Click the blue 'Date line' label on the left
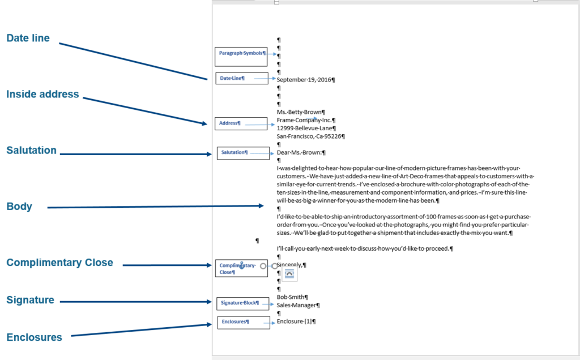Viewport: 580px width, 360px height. pos(28,38)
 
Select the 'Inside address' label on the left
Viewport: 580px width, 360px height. pos(42,95)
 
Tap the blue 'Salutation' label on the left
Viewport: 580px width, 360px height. pos(32,151)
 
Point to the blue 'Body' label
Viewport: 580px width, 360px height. pos(19,207)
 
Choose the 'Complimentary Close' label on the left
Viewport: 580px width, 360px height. pos(59,263)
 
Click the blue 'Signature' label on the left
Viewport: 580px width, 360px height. pos(30,300)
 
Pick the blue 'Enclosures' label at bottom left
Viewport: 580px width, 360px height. pos(34,337)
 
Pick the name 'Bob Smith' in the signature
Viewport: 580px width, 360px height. pos(291,297)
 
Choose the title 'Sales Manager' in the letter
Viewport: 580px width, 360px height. pos(297,305)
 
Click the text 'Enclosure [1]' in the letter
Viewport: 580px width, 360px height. pos(295,322)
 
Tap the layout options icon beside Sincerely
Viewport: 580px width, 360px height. pos(289,275)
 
